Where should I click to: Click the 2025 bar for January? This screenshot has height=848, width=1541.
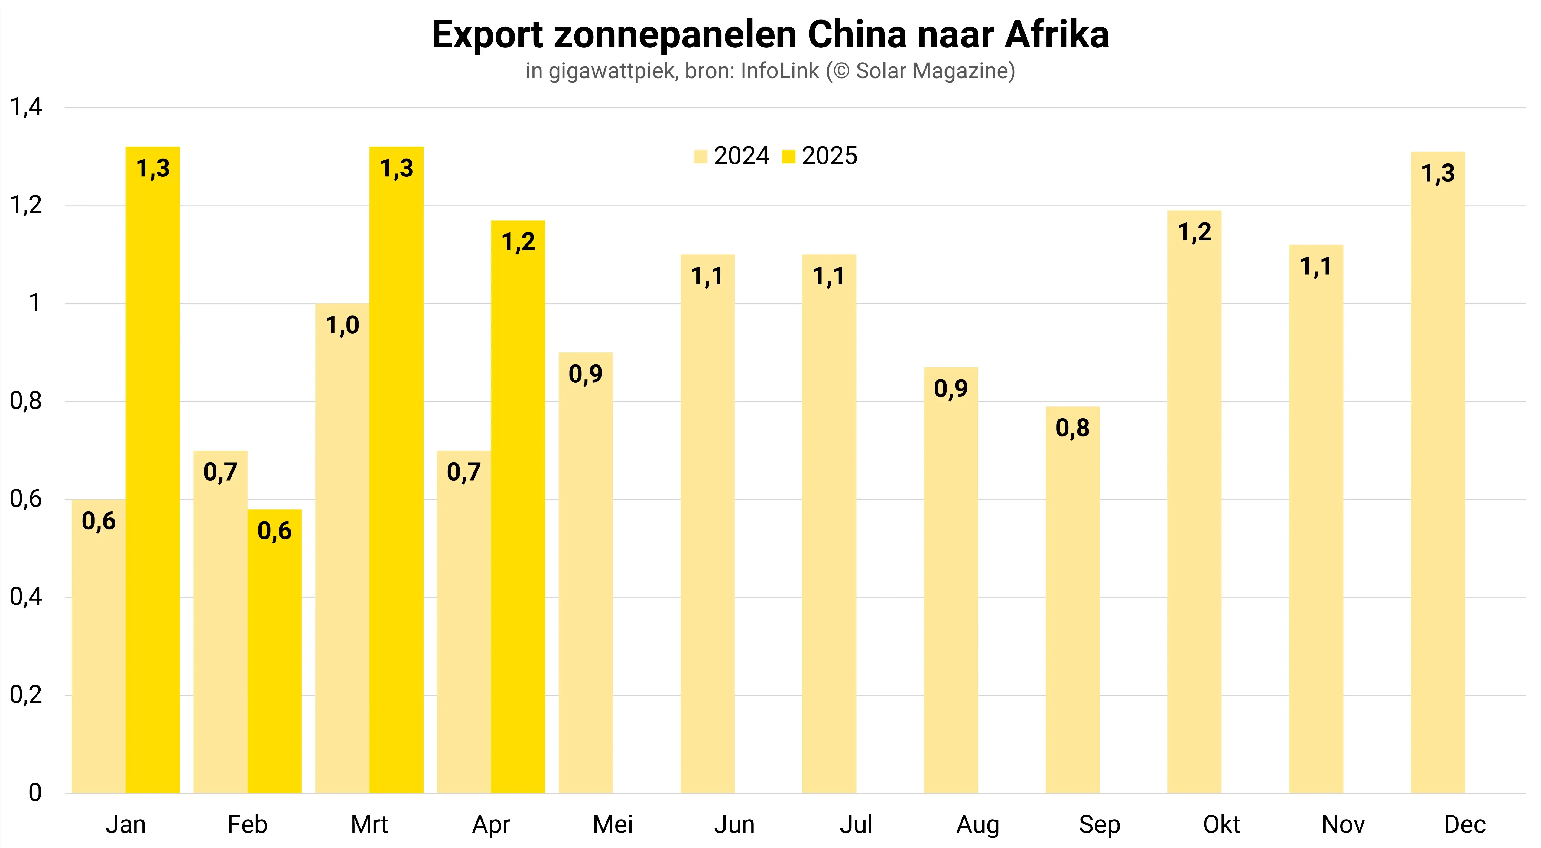coord(153,478)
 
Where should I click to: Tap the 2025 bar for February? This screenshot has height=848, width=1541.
coord(275,658)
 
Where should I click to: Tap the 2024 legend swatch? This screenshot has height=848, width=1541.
coord(701,157)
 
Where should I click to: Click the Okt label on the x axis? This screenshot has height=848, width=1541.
coord(1221,825)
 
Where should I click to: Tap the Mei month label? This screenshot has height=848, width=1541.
coord(613,825)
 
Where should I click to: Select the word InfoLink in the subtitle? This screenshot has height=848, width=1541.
coord(779,71)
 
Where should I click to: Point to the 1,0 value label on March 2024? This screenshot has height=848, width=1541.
coord(342,325)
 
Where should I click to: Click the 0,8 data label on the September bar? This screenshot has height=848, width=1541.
coord(1073,428)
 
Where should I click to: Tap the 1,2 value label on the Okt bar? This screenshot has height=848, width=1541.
coord(1195,232)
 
